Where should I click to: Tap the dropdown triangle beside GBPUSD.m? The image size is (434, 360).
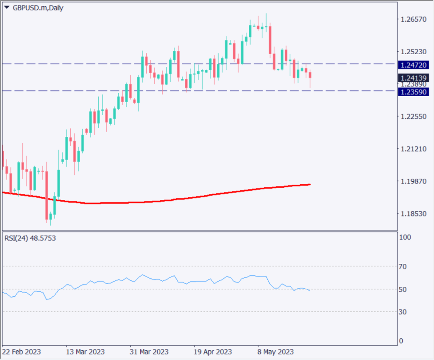pyautogui.click(x=6, y=8)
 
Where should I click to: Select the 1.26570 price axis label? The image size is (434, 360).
pyautogui.click(x=414, y=19)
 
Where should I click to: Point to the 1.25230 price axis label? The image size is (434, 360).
pyautogui.click(x=414, y=52)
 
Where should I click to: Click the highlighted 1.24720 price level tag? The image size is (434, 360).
pyautogui.click(x=414, y=65)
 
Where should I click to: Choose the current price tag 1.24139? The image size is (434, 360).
pyautogui.click(x=414, y=78)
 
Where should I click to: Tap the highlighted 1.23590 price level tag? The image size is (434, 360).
pyautogui.click(x=414, y=91)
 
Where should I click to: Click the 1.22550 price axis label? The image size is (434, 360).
pyautogui.click(x=414, y=116)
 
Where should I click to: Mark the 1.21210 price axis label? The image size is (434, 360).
pyautogui.click(x=414, y=149)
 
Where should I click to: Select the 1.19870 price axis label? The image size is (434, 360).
pyautogui.click(x=414, y=181)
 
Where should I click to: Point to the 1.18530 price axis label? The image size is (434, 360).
pyautogui.click(x=414, y=213)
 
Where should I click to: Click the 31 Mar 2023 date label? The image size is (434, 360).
pyautogui.click(x=150, y=352)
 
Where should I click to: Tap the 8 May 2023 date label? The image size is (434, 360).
pyautogui.click(x=275, y=352)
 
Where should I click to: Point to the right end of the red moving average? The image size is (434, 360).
pyautogui.click(x=310, y=184)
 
